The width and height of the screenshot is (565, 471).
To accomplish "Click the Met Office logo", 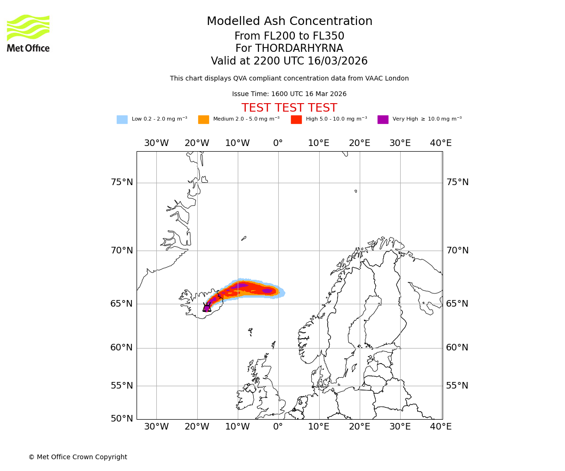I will click(28, 33).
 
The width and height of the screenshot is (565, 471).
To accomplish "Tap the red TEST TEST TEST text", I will click(289, 108).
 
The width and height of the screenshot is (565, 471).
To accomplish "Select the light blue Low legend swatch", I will click(122, 120).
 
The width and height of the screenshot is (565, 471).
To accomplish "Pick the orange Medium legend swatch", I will click(203, 120).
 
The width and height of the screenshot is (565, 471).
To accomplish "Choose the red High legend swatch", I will click(296, 120).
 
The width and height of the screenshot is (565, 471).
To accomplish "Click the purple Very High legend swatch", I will click(383, 120).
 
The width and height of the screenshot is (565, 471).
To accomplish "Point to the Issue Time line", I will click(289, 94).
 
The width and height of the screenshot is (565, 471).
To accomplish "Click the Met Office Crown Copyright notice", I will click(78, 457).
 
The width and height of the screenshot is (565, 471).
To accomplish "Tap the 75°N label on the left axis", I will click(121, 182).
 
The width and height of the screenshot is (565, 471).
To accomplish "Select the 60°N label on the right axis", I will click(457, 348).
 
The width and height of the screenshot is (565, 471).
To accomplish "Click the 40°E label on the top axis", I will click(441, 143).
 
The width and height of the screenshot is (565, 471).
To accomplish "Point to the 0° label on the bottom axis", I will click(278, 427).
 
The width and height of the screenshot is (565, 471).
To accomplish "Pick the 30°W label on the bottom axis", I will click(156, 427).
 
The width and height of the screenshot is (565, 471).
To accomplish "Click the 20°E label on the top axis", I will click(360, 143).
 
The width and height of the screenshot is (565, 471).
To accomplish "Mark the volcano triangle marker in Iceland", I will click(207, 308).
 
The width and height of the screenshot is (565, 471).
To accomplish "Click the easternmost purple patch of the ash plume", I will click(267, 291).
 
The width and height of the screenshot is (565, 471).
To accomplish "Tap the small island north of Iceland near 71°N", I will click(243, 238).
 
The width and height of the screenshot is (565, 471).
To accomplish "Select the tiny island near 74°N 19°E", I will click(355, 191).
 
